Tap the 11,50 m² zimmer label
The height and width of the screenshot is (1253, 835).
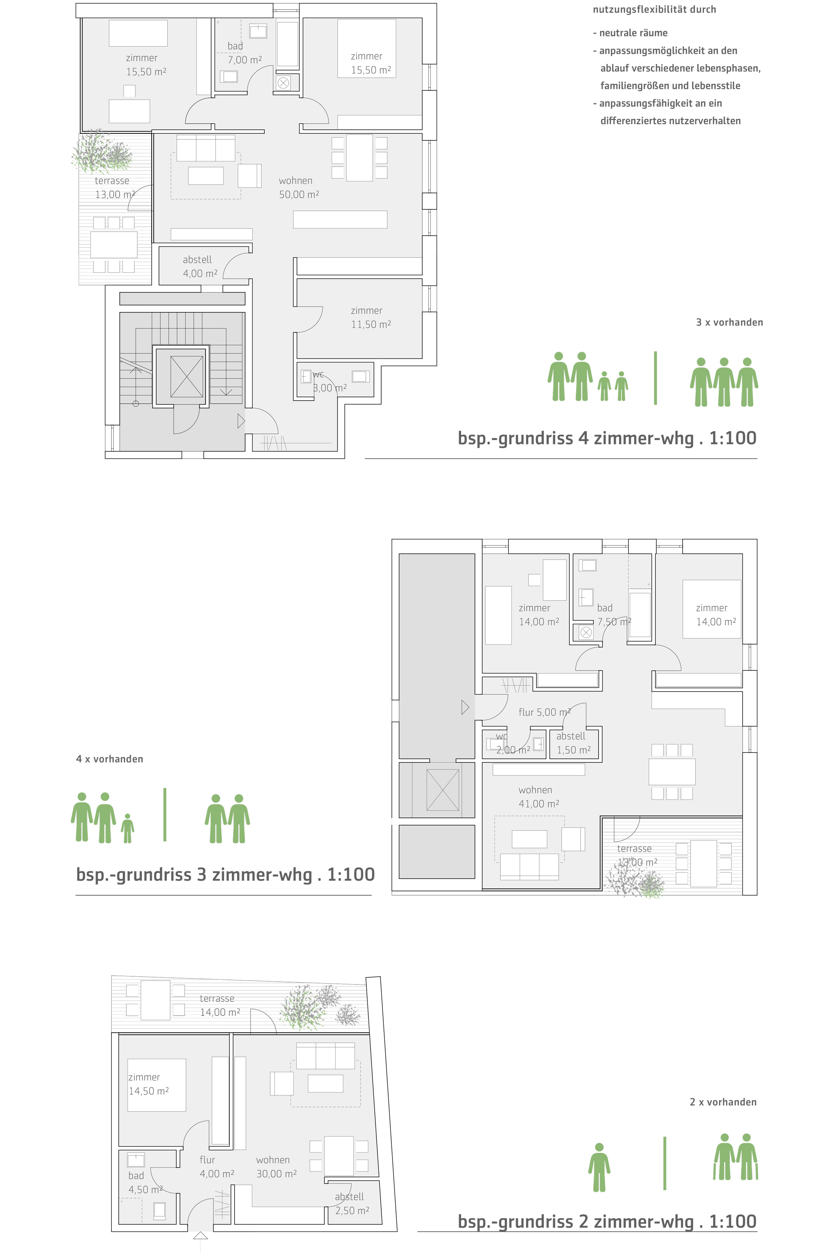(x=371, y=317)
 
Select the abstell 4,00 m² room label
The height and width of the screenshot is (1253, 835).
(x=200, y=267)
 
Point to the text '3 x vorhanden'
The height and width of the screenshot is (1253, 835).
(x=729, y=322)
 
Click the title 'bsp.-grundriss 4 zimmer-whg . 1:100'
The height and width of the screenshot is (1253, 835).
(x=607, y=438)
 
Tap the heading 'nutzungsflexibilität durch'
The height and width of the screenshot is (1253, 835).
(x=654, y=9)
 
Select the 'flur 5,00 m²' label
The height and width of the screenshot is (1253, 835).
(x=544, y=712)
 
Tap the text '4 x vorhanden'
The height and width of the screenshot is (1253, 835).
(x=110, y=759)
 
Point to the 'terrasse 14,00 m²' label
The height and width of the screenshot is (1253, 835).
(x=219, y=1005)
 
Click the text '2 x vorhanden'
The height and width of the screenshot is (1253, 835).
(x=722, y=1102)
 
